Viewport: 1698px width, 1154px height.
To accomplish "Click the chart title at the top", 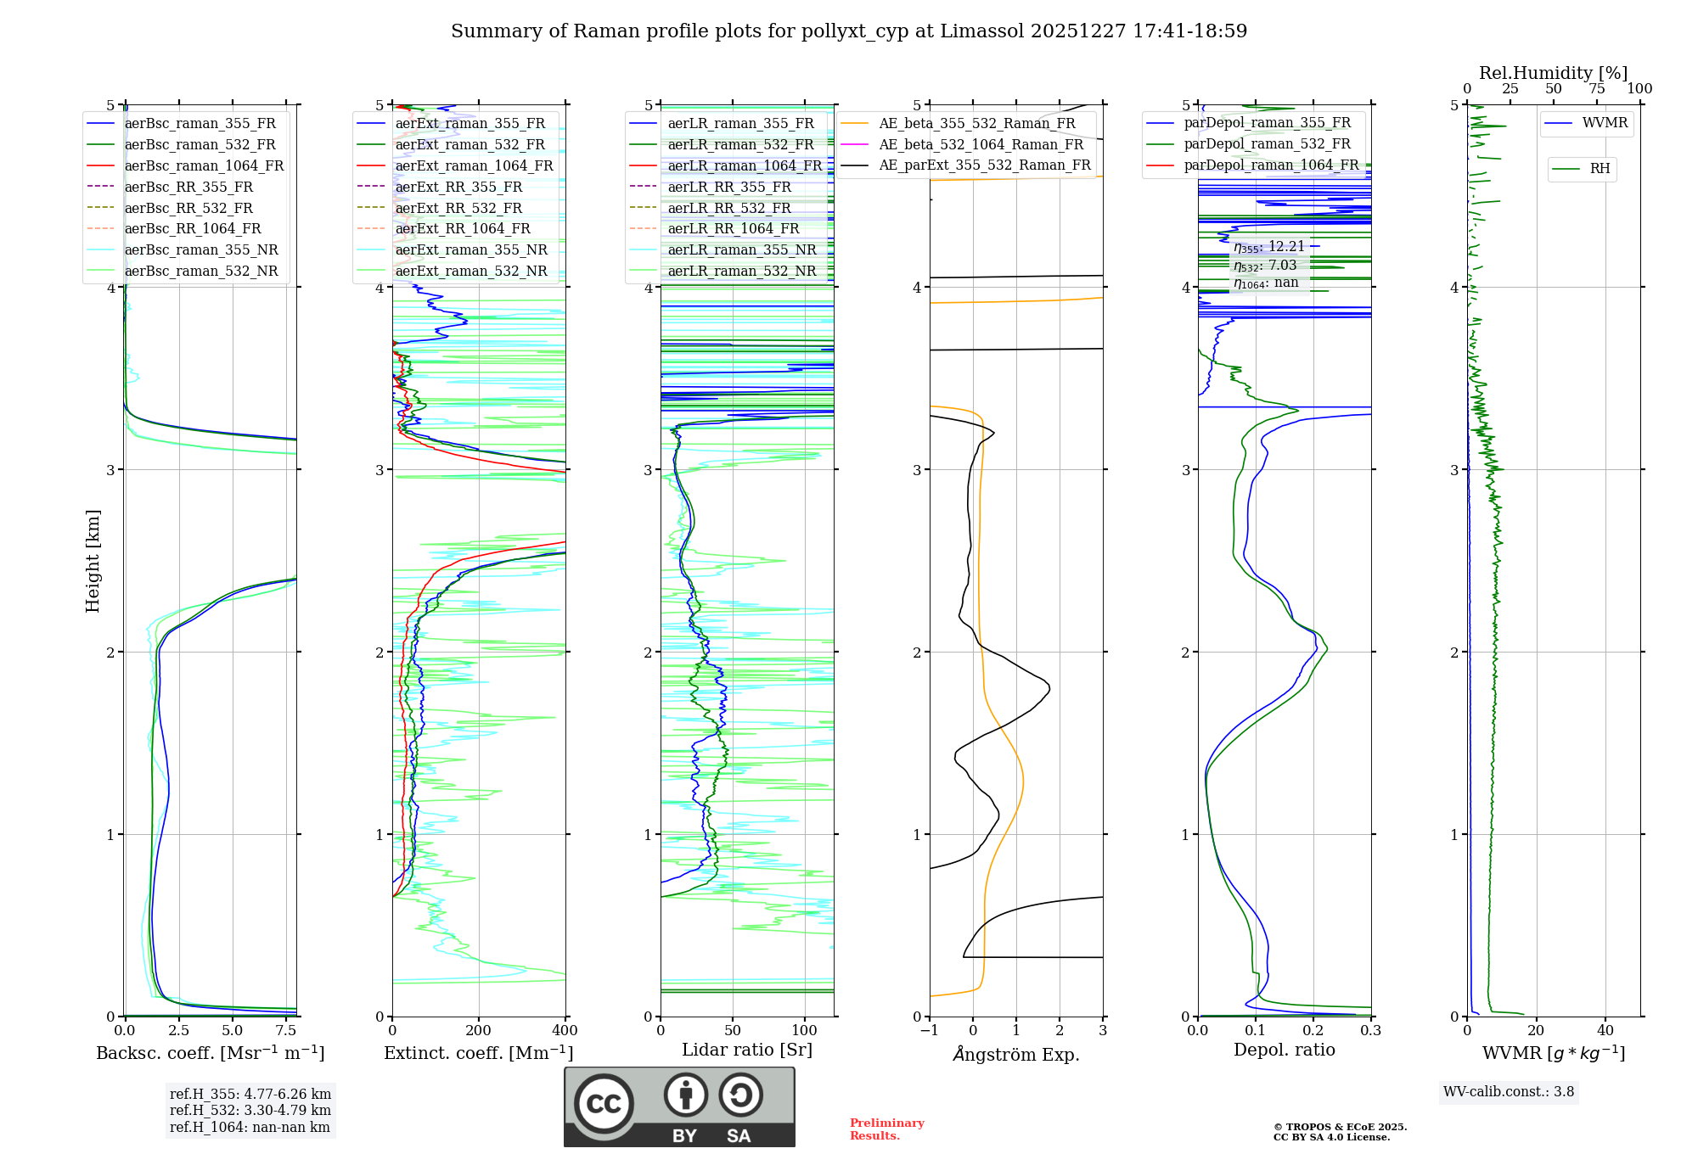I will pos(849,31).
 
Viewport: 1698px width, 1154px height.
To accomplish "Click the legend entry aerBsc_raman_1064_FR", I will pos(204,166).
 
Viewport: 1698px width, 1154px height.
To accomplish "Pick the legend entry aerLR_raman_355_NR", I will pos(741,250).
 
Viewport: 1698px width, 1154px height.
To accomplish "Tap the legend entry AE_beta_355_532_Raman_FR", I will pos(976,124).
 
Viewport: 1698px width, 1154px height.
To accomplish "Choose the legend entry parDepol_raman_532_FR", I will pos(1267,144).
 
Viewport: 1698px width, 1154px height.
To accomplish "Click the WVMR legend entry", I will pos(1605,124).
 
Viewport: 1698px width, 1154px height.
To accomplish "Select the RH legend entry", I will pos(1600,169).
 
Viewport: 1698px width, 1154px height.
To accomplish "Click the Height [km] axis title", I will pos(93,560).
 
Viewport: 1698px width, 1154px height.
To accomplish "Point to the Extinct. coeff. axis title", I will pos(479,1053).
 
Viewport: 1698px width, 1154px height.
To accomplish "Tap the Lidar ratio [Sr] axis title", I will pos(747,1050).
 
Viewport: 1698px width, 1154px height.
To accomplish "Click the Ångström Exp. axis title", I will pos(1016,1055).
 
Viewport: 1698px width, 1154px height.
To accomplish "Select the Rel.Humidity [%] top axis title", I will pos(1553,73).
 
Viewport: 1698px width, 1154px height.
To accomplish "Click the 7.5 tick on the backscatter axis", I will pos(286,1031).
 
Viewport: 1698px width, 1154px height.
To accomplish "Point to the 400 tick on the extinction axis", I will pos(565,1031).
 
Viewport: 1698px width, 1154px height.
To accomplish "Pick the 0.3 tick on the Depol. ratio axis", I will pos(1371,1031).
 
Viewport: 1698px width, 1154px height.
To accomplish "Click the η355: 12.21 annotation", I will pos(1269,247).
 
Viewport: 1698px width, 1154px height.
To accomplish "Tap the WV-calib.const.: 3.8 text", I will pos(1509,1092).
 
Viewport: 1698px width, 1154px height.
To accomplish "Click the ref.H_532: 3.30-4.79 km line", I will pos(250,1111).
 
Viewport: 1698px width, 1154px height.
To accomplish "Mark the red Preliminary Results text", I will pos(886,1129).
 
